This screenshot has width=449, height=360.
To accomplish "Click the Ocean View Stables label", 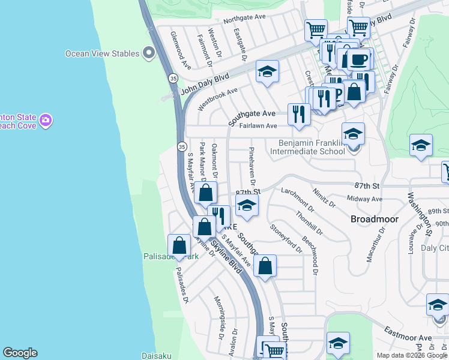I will tap(103, 53).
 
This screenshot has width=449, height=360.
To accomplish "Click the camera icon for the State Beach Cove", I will tap(46, 121).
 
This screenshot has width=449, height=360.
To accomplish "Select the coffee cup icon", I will tap(359, 60).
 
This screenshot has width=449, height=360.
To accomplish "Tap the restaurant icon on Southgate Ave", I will tap(298, 113).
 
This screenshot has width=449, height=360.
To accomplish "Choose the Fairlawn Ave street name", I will tap(258, 126).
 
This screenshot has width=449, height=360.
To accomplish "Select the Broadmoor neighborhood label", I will tap(375, 219).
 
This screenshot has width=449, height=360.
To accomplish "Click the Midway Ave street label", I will tap(364, 199).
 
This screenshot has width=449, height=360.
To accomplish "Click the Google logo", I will tap(20, 353).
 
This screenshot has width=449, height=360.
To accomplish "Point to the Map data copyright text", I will tap(411, 355).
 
